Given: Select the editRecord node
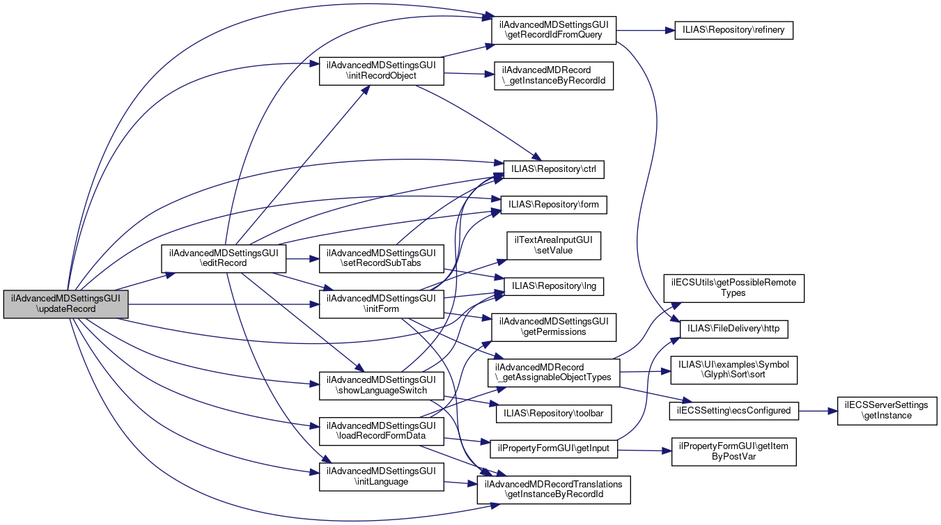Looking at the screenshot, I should pos(224,258).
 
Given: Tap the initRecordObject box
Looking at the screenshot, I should pos(381,70).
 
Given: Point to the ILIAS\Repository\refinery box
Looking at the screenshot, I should pos(734,31).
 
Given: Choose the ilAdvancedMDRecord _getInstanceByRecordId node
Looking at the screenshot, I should pos(554,75).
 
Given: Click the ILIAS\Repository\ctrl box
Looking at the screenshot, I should pos(554,169).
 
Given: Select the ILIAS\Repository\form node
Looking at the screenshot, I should pos(554,205).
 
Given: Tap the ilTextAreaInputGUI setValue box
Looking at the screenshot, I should pos(554,245).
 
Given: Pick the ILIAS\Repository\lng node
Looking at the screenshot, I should pos(554,286).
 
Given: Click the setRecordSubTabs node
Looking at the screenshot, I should pos(381,258).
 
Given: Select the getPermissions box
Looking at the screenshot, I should pos(554,327).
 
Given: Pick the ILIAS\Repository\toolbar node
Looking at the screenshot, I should pos(554,413).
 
